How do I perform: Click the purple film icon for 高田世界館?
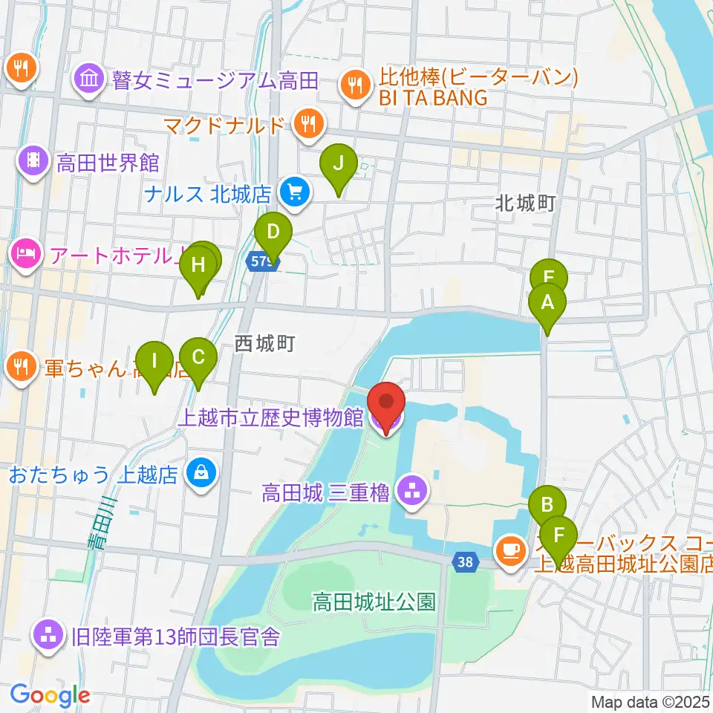34,161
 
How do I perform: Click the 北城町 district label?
527,204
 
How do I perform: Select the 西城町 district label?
265,343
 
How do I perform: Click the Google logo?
50,695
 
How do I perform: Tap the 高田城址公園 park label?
374,601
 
